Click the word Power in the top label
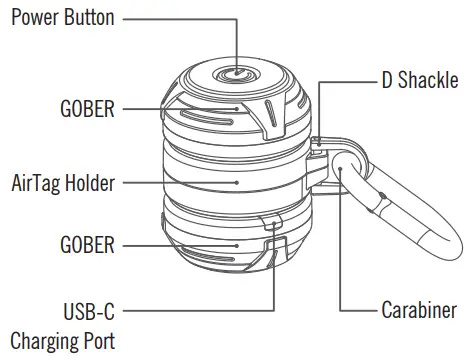coord(35,18)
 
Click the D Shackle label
coord(420,80)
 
